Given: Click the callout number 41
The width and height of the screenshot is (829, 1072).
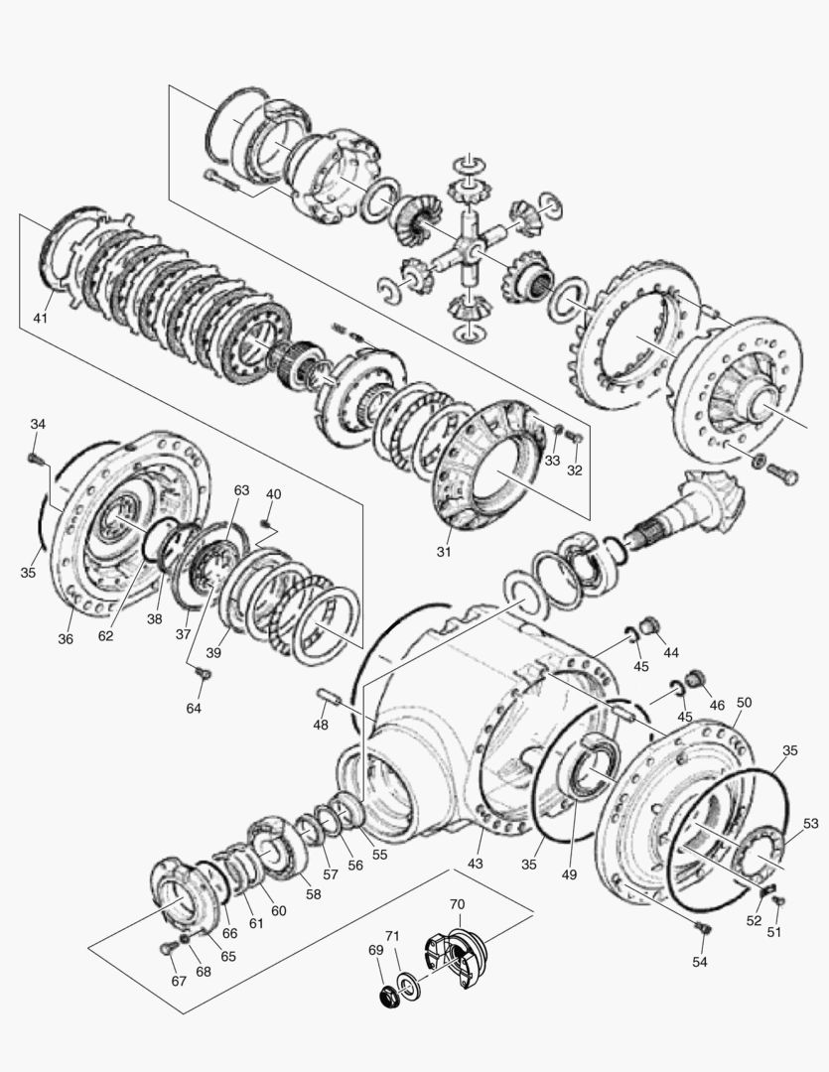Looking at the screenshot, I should click(x=41, y=318).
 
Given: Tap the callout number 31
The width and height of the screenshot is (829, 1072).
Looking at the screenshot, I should click(x=444, y=551).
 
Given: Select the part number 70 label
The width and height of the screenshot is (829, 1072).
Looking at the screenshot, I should click(x=457, y=905).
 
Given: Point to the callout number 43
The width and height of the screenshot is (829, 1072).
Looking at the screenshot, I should click(x=476, y=864).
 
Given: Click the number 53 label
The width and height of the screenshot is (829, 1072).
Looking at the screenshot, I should click(x=811, y=823).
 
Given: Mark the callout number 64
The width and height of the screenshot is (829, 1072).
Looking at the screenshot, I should click(x=194, y=708).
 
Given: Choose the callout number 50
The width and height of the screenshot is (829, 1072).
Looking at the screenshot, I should click(x=744, y=702).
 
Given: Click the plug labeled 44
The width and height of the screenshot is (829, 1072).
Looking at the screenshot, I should click(x=649, y=625).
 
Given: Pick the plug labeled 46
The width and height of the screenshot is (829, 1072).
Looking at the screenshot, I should click(x=694, y=679).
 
